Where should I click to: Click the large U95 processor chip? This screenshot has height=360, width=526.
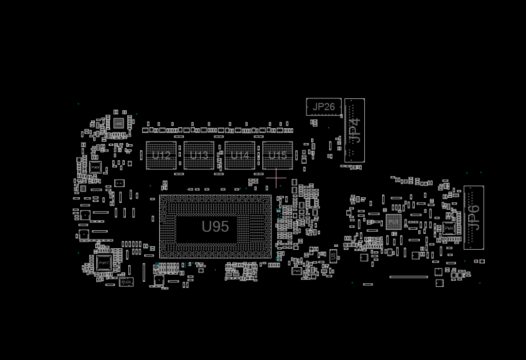[215, 227]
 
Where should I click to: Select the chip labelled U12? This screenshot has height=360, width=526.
[161, 156]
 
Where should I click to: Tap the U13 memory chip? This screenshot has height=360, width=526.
[199, 156]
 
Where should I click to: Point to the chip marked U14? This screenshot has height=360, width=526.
[240, 156]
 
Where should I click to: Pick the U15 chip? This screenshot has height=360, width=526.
[277, 156]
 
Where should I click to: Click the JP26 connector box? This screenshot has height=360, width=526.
[324, 107]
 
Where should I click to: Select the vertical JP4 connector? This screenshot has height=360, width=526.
[354, 131]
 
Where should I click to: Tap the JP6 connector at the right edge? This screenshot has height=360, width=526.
[473, 217]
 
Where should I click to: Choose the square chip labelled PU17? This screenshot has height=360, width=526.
[104, 263]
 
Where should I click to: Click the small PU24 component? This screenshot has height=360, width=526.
[126, 282]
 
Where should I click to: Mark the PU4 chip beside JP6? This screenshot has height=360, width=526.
[449, 228]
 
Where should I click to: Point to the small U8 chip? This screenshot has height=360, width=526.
[333, 256]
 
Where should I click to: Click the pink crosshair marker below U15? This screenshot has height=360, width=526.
[276, 178]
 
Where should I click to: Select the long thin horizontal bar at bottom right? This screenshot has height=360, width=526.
[409, 277]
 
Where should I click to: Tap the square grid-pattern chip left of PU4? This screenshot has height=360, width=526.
[394, 222]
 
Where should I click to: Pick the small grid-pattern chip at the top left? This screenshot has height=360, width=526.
[119, 123]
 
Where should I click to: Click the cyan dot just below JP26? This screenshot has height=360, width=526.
[328, 128]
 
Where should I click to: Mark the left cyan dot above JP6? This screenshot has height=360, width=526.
[467, 173]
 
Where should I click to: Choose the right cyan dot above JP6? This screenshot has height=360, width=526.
[481, 173]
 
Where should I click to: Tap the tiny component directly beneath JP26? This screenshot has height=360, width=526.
[314, 123]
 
